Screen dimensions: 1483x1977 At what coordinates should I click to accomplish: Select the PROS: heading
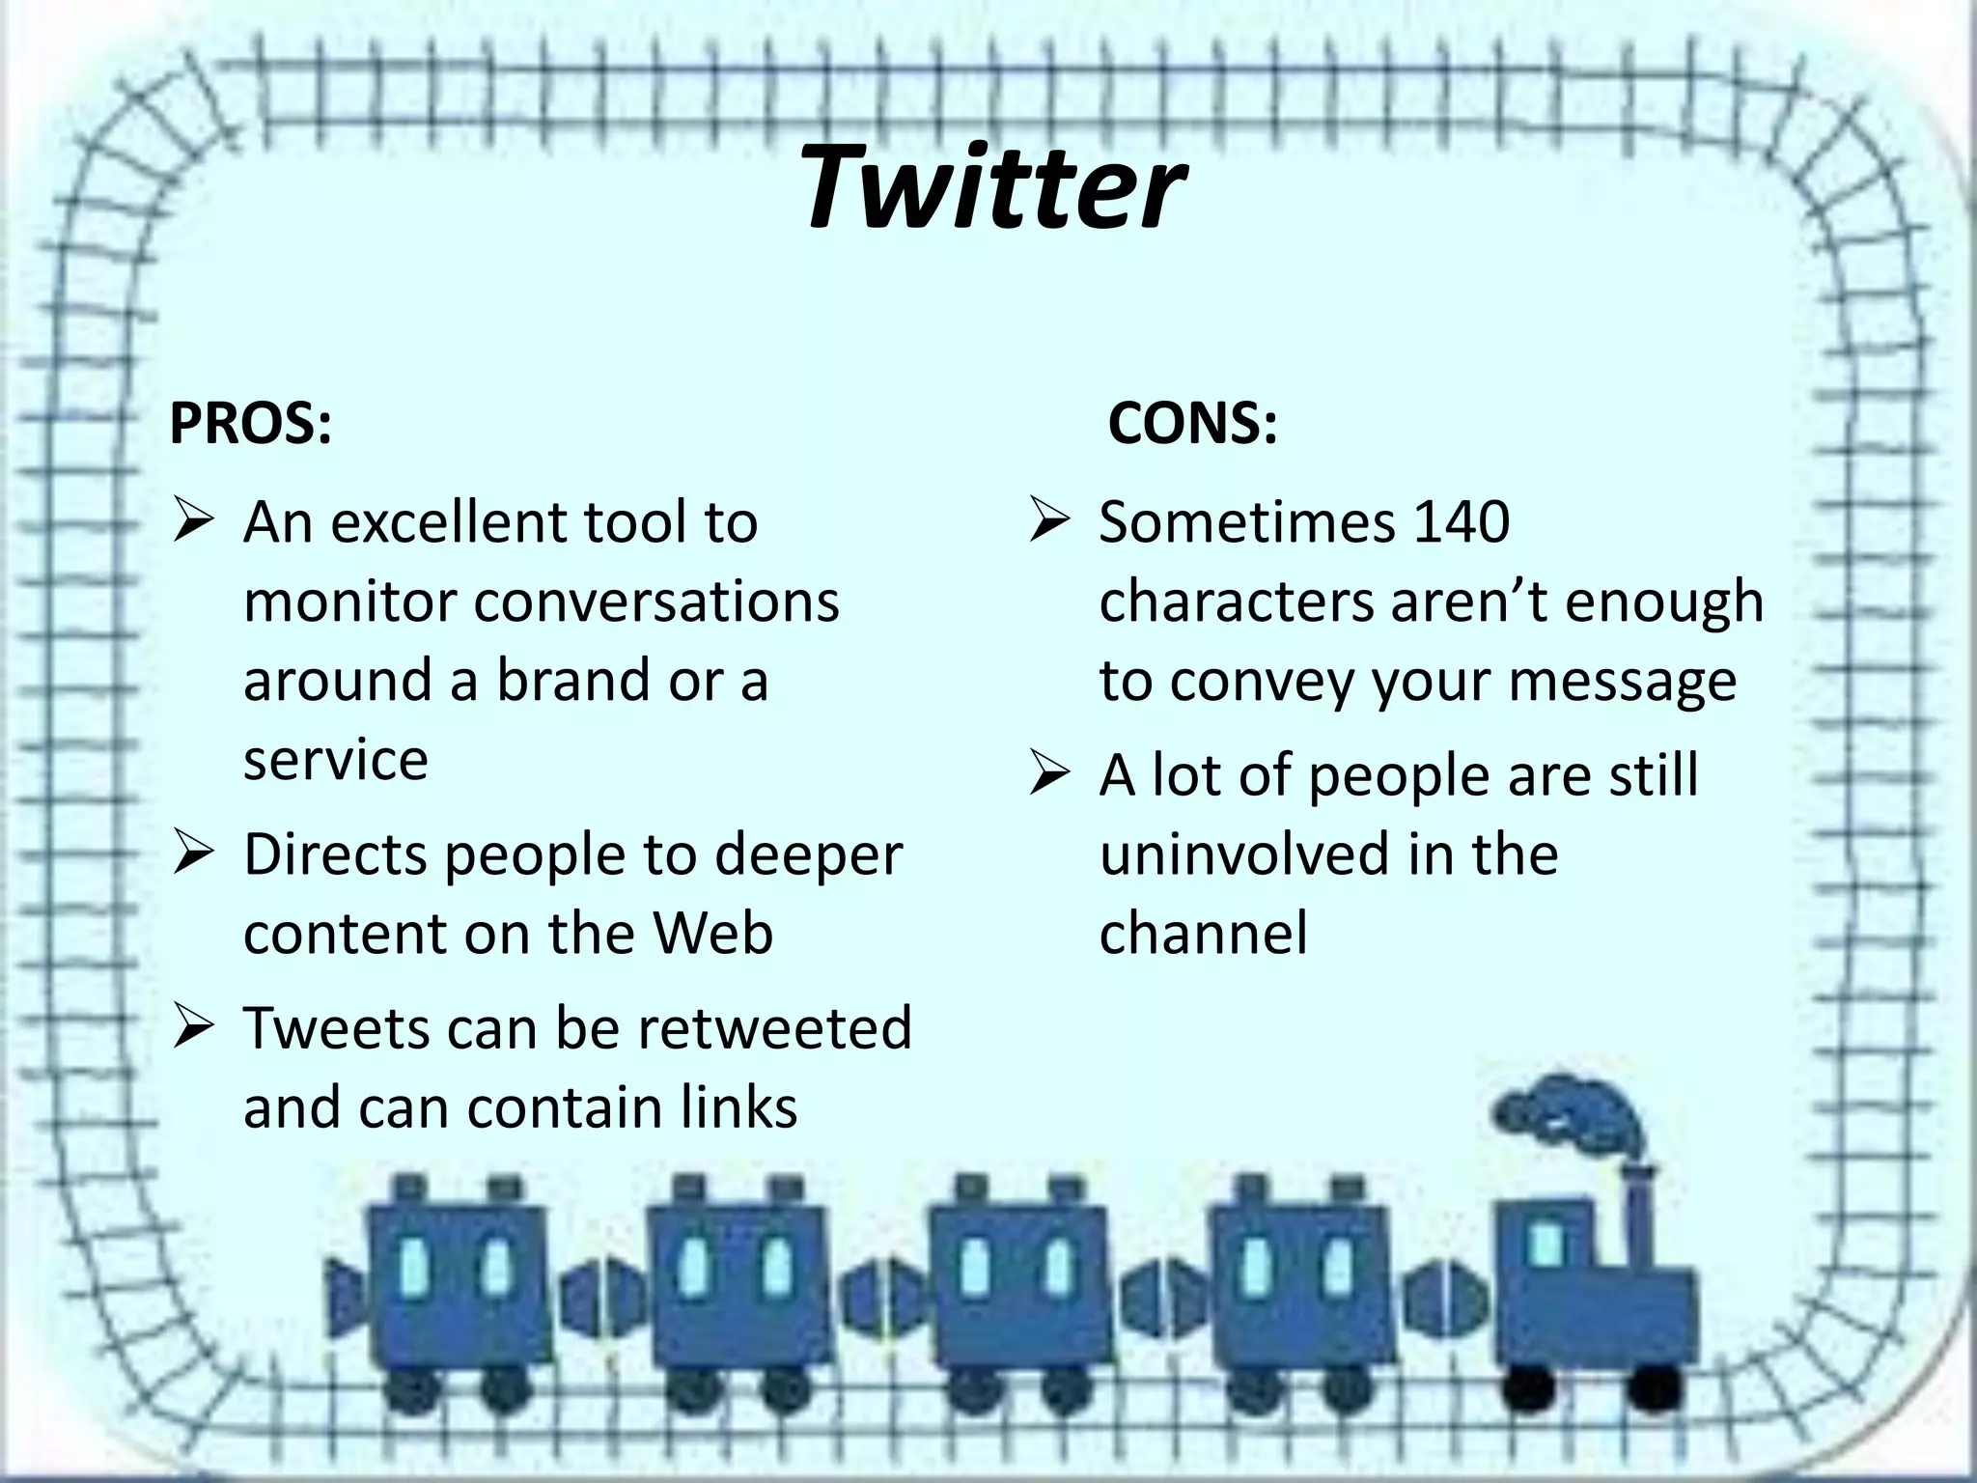250,423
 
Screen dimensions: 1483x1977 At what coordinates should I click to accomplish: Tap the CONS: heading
1192,423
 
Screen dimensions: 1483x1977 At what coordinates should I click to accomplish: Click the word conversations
656,602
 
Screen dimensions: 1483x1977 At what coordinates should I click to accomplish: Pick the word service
335,760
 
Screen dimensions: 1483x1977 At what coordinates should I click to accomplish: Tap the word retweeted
774,1026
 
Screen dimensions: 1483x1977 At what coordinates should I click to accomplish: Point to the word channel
1203,934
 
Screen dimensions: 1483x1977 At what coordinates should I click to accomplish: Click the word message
1622,681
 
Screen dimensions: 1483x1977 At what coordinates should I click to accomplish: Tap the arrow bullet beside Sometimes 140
1048,522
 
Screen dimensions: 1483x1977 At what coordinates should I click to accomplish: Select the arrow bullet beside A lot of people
1048,775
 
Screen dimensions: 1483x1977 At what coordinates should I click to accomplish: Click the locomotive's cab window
1546,1243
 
